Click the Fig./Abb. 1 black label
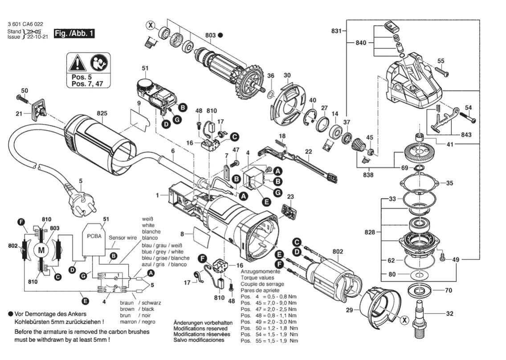point(74,34)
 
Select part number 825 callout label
point(102,113)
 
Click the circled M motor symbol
point(41,250)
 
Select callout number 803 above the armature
point(211,35)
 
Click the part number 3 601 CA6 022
point(26,24)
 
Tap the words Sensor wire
point(123,238)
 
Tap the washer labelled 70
point(420,291)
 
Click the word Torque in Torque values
point(249,277)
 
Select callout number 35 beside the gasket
point(450,183)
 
